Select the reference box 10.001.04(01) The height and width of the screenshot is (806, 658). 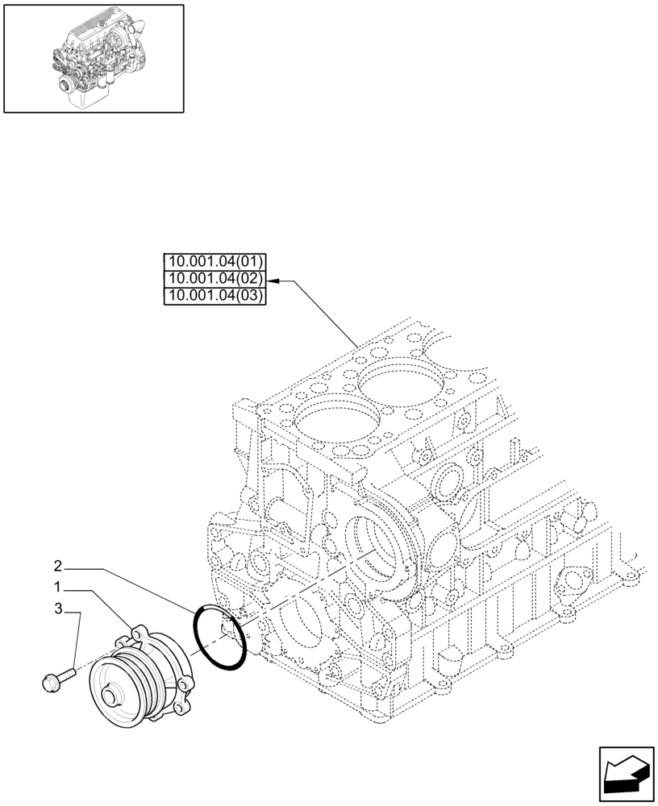click(214, 261)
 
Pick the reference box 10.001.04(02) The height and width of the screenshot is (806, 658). click(214, 279)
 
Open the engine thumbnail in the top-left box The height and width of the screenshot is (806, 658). click(94, 58)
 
